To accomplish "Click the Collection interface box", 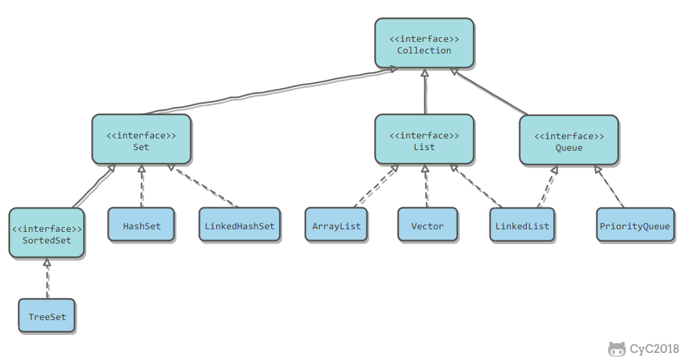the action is tap(424, 43).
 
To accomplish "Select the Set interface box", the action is tap(141, 140).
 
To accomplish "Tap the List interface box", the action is tap(424, 140).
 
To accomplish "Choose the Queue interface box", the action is tap(569, 140).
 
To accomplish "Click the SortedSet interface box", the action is tap(47, 233).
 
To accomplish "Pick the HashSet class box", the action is tap(141, 225).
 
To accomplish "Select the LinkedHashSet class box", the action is tap(240, 225).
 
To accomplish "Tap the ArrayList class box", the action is tap(336, 225).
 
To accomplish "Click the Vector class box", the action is tap(428, 225).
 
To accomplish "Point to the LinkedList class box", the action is tap(522, 225).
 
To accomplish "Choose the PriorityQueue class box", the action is tap(635, 225).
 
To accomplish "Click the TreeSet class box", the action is tap(47, 316).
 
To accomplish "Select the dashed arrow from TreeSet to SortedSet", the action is tap(47, 279).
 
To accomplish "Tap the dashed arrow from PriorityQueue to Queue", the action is tap(609, 187).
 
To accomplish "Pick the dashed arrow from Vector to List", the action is tap(426, 186).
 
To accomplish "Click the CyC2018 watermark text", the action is tap(654, 348).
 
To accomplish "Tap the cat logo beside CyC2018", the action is tap(617, 349).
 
